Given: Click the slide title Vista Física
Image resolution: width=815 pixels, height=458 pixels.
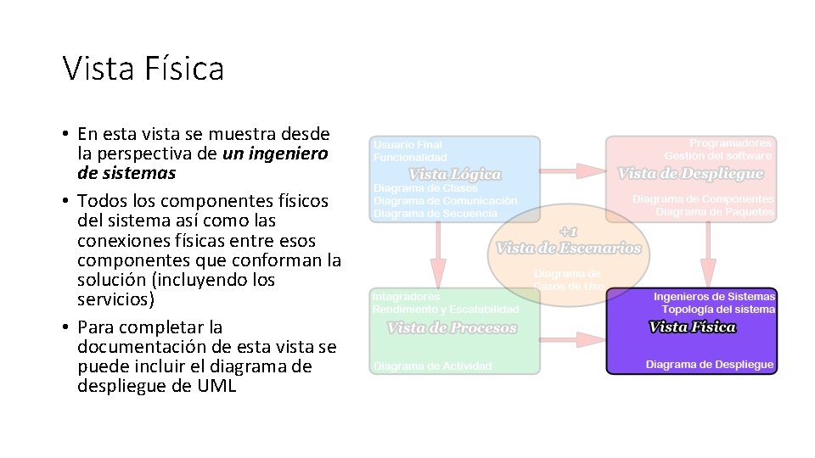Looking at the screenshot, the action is click(x=143, y=68).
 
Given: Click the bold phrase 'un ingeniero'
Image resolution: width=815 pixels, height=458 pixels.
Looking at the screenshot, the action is click(x=275, y=154).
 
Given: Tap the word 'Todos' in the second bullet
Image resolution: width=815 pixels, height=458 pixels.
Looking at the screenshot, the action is click(x=100, y=201).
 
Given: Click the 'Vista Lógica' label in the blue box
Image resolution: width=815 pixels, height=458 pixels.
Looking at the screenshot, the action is click(x=455, y=174).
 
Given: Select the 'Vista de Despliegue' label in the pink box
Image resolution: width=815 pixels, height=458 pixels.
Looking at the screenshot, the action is click(x=691, y=174).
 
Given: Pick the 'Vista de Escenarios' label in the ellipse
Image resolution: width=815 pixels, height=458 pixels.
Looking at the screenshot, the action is click(x=569, y=248).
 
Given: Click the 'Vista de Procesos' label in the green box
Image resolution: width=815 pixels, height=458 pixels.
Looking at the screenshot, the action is click(x=452, y=328).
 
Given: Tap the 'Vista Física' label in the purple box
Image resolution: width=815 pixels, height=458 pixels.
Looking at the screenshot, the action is click(x=692, y=327).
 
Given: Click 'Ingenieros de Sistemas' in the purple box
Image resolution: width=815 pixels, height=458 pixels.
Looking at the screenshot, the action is click(x=714, y=297).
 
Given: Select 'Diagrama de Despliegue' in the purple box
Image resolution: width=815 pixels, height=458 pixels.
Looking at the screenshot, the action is click(x=710, y=365).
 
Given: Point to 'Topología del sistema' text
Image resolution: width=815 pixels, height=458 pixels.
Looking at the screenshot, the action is click(x=718, y=310).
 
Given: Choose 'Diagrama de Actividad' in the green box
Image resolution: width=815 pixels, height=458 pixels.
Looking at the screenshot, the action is click(x=432, y=366).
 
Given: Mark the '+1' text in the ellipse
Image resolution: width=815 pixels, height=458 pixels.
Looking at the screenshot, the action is click(x=568, y=232).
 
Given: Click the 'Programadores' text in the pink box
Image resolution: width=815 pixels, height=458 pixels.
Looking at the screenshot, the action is click(x=730, y=143).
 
